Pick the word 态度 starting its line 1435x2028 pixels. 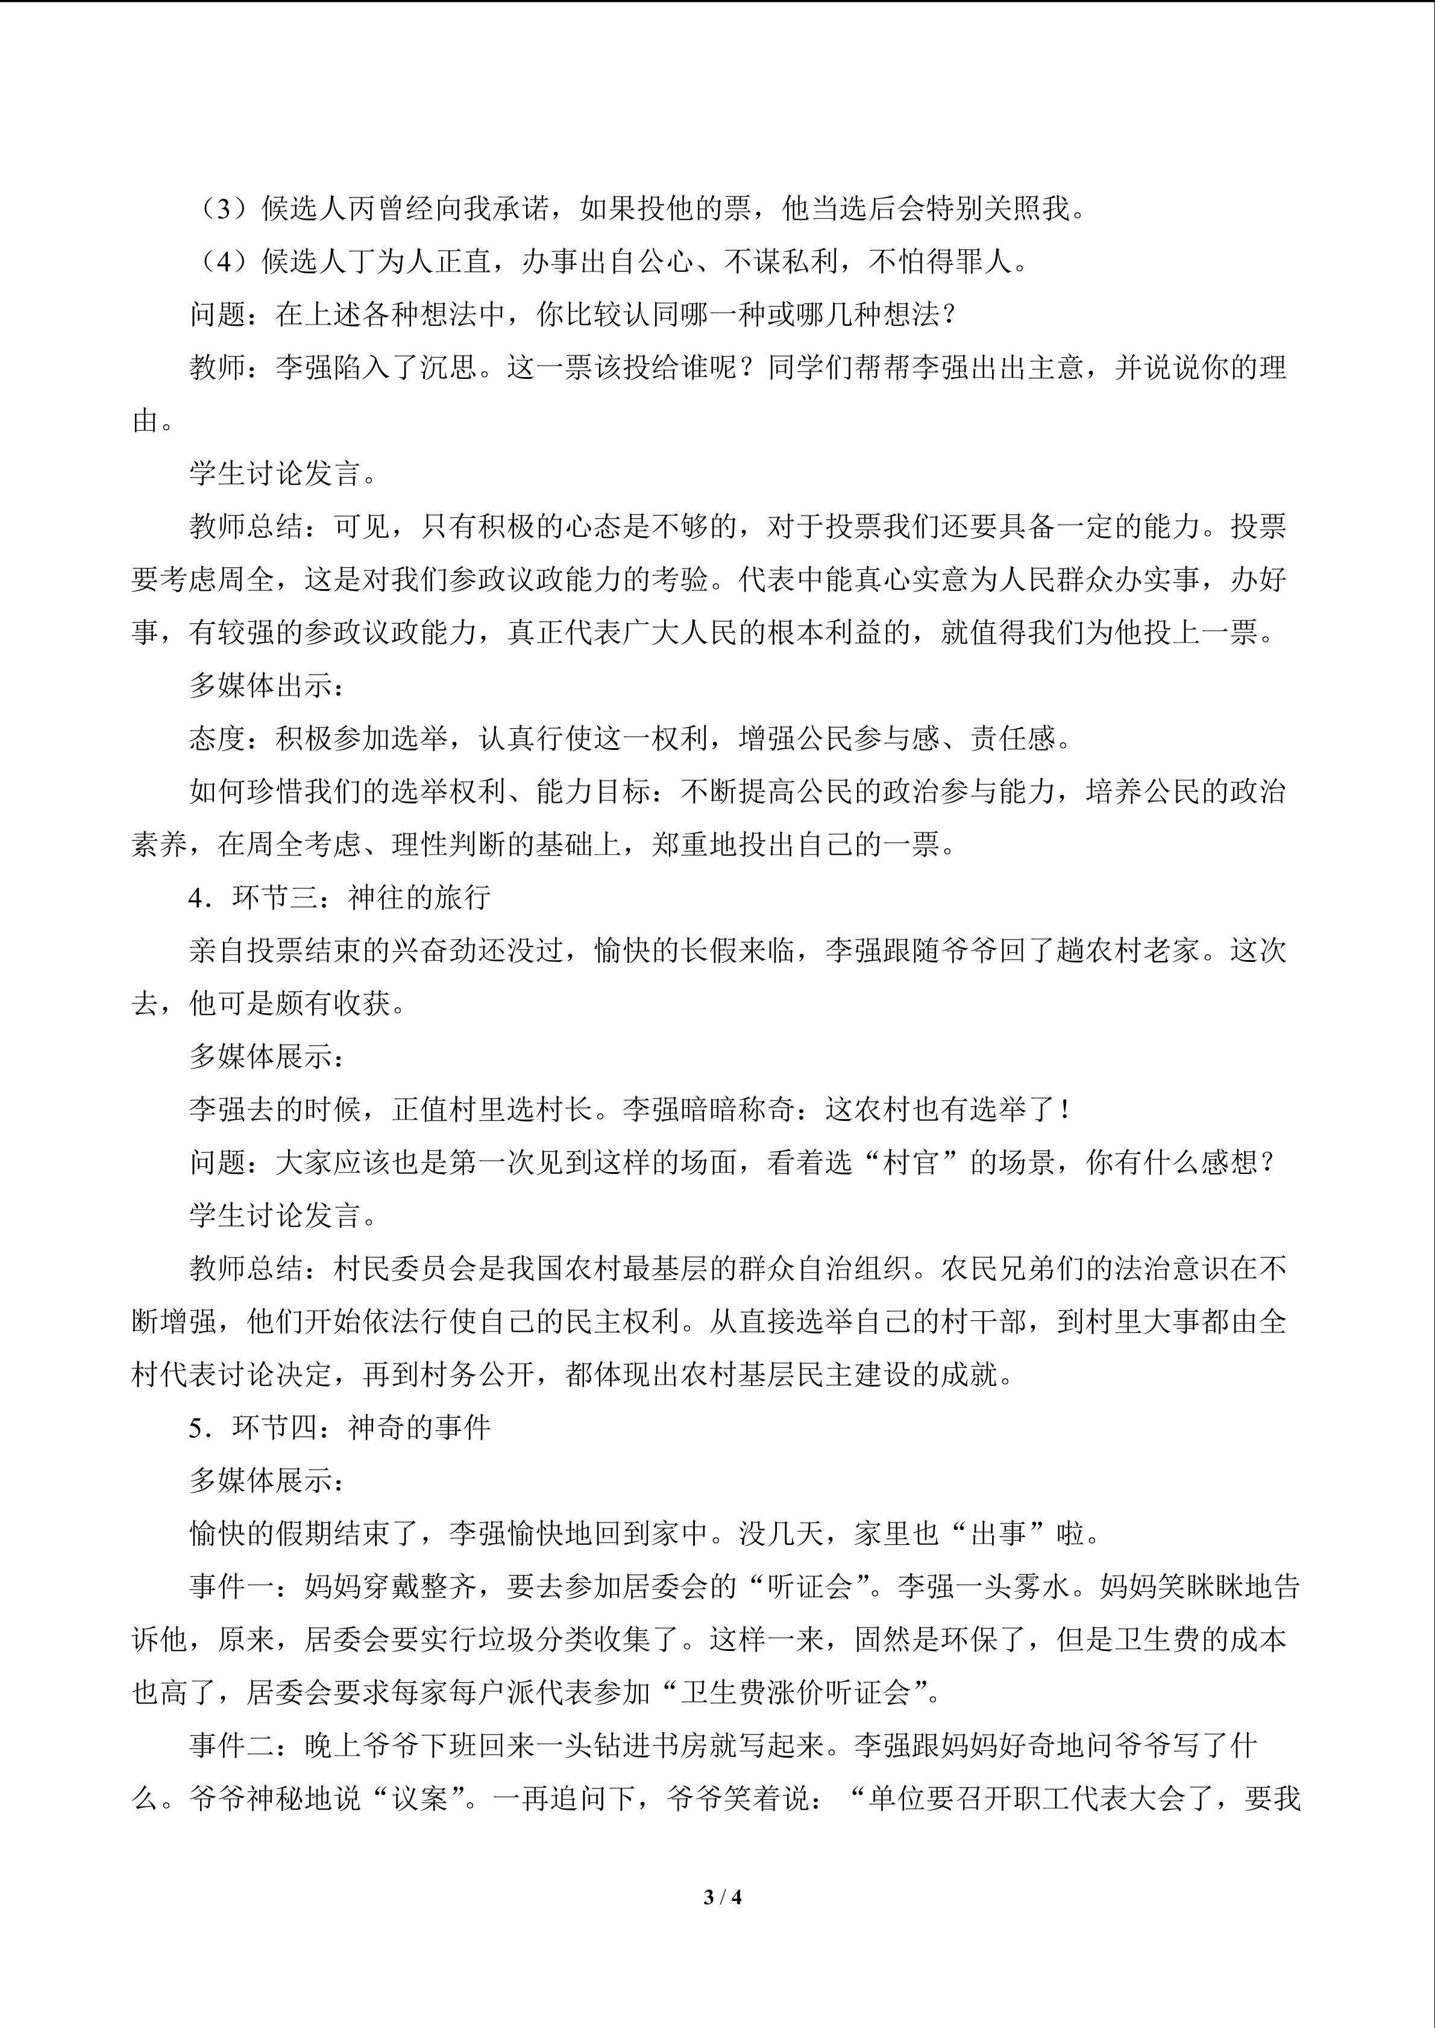(x=218, y=739)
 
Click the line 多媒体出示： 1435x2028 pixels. (x=261, y=686)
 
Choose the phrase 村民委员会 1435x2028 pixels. (x=404, y=1269)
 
